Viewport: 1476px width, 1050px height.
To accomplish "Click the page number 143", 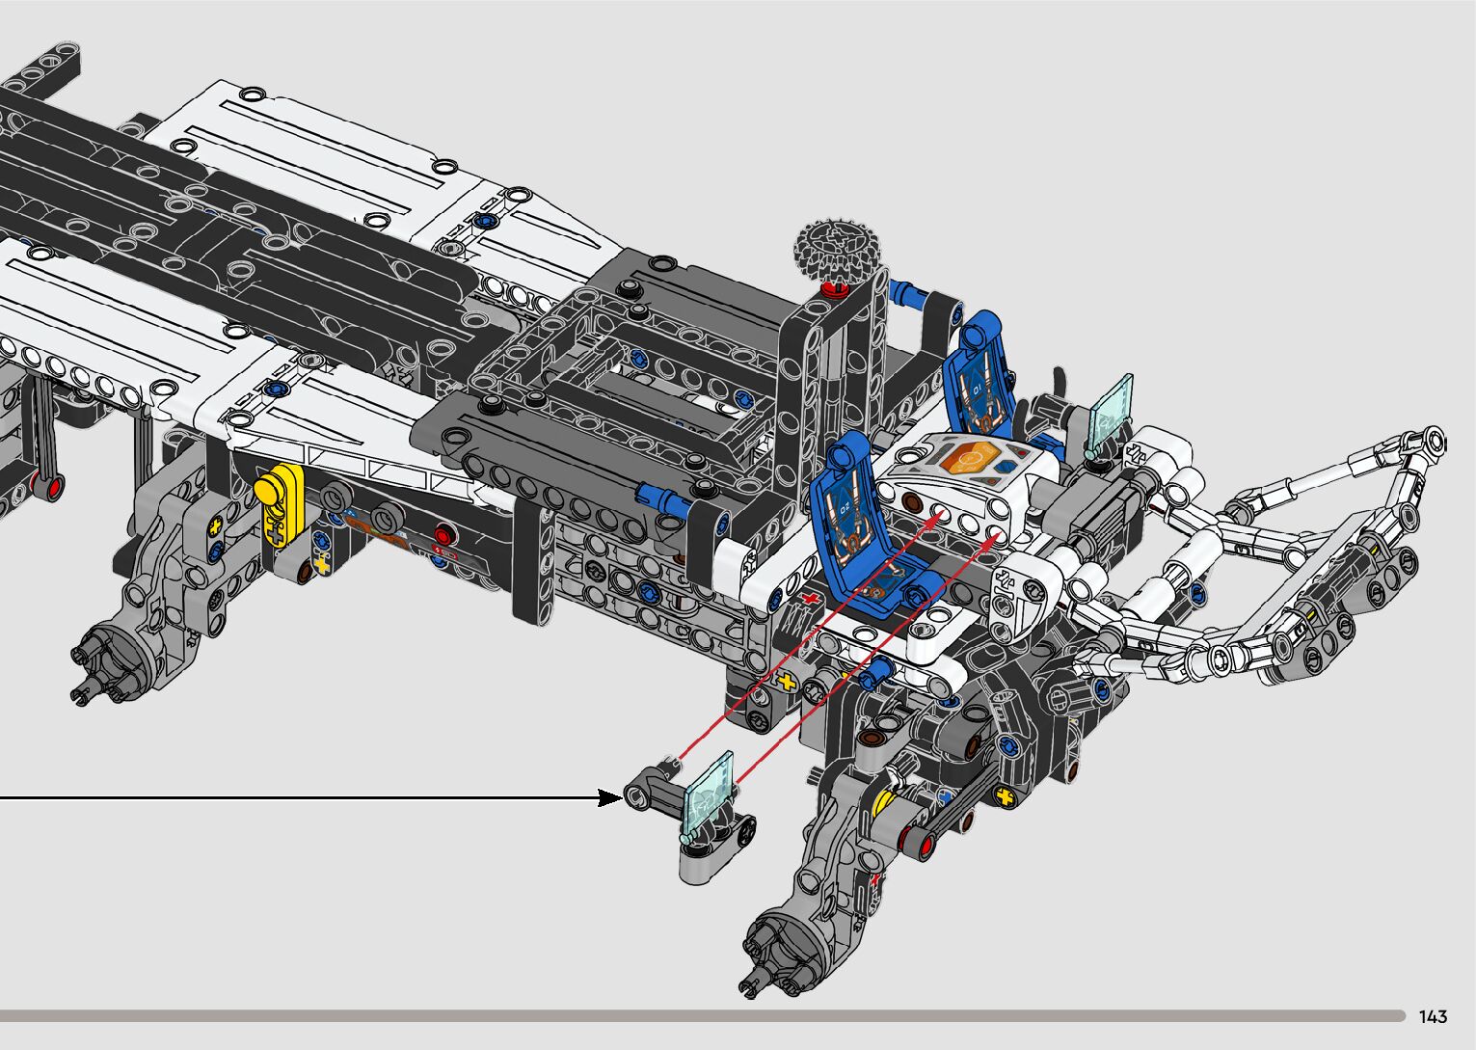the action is click(x=1434, y=1016).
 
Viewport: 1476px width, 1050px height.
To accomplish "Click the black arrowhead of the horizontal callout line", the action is click(x=609, y=798).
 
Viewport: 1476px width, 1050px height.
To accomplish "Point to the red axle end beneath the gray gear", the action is click(x=833, y=290).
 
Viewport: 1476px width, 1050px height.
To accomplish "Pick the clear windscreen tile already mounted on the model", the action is click(x=1111, y=416).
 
